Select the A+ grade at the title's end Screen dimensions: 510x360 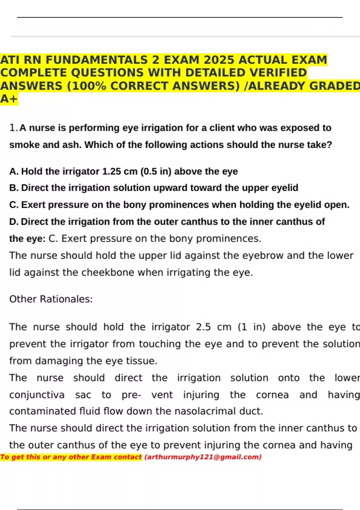(x=9, y=99)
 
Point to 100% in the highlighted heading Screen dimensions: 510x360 (x=89, y=86)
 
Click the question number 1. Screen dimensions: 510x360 (x=13, y=128)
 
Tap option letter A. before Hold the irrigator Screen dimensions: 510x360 (x=14, y=172)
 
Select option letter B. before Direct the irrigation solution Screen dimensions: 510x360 (x=14, y=188)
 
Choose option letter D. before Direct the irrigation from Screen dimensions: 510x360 (x=14, y=222)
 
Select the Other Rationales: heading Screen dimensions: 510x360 (x=51, y=299)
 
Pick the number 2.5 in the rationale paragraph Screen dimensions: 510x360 (x=203, y=327)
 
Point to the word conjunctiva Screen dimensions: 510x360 (x=37, y=395)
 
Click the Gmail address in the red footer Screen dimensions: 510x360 (x=203, y=457)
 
